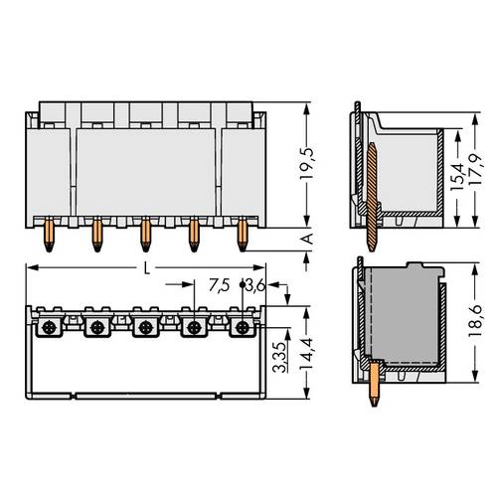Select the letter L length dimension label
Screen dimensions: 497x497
(x=148, y=267)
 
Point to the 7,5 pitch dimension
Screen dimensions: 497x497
(x=220, y=286)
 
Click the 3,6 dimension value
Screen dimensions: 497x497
(x=253, y=286)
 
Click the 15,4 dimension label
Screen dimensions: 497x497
(x=456, y=176)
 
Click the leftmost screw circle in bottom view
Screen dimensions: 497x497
(x=50, y=326)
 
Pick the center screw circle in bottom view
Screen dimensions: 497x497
(x=146, y=326)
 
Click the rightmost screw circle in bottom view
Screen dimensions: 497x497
(x=241, y=326)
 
